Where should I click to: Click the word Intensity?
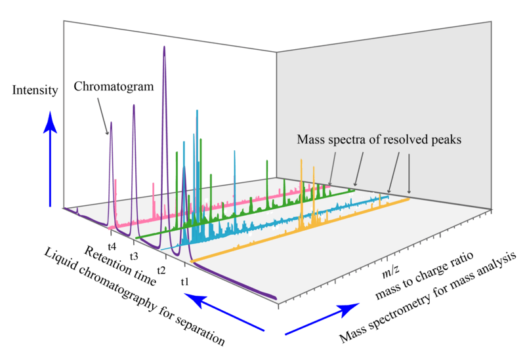[x=35, y=90]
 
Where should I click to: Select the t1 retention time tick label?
[x=185, y=281]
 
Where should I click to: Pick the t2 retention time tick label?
[x=161, y=269]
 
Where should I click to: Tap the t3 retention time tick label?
[x=134, y=256]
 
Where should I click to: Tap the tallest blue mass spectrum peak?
[x=196, y=111]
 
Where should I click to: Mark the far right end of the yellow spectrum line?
[x=410, y=196]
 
